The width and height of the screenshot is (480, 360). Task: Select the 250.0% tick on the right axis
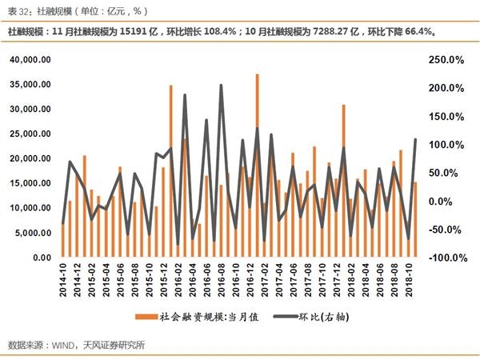click(446, 60)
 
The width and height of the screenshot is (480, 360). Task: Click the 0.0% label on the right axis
click(450, 202)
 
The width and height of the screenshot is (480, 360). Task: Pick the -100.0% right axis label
click(446, 258)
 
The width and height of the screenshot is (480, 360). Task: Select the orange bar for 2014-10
click(63, 241)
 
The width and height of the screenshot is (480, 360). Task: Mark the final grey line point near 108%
click(415, 140)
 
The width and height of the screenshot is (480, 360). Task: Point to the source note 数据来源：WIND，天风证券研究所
click(77, 346)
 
